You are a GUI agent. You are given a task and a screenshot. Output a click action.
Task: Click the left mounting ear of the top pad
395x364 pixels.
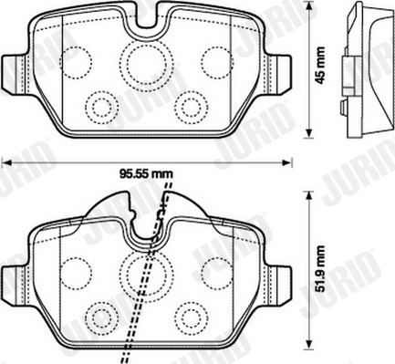[12, 70]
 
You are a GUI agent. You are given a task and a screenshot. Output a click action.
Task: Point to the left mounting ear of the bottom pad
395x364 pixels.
[12, 279]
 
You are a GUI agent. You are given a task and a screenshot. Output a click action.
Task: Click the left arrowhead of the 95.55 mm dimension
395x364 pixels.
[5, 162]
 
